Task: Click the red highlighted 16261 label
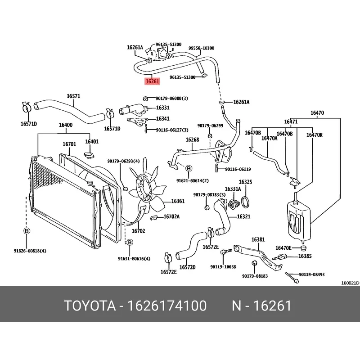point(152,81)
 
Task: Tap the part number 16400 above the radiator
point(66,125)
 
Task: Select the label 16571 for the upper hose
point(73,96)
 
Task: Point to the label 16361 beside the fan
point(178,201)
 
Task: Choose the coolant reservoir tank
point(297,219)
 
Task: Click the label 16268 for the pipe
point(192,140)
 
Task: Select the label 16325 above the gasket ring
point(245,182)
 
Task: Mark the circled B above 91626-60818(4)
point(27,231)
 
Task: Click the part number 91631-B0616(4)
point(134,259)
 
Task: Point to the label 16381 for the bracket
point(258,239)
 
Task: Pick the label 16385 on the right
point(305,256)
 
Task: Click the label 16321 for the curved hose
point(244,217)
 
